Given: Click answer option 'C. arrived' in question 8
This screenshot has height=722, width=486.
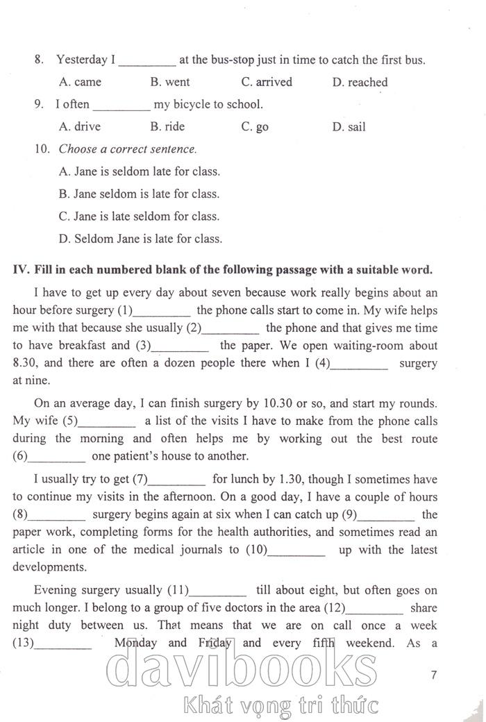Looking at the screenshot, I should click(x=267, y=82).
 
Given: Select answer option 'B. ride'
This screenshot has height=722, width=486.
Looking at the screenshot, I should click(x=167, y=127).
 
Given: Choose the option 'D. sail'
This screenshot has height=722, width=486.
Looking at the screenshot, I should click(x=349, y=127).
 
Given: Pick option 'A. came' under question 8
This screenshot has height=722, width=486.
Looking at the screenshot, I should click(x=81, y=82).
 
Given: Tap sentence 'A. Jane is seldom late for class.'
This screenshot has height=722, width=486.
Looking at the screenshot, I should click(x=140, y=171).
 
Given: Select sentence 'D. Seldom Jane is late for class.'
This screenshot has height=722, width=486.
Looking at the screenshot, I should click(x=141, y=239).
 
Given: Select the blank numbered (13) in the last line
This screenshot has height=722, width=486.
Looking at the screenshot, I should click(x=62, y=643).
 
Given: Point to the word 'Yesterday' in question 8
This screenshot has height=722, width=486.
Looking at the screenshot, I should click(x=81, y=60).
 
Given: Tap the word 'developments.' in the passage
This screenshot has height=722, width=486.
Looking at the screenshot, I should click(x=49, y=567).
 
